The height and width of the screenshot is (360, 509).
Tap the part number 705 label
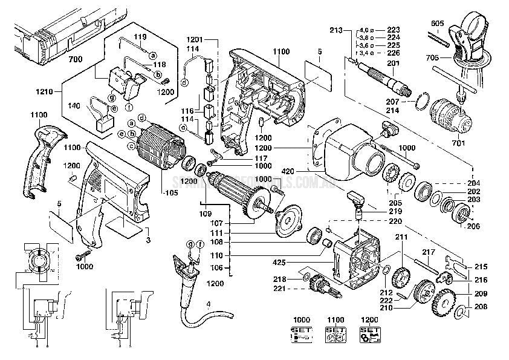tap(432, 58)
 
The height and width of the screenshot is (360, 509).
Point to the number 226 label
tap(394, 53)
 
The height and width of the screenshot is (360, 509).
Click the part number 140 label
tap(74, 105)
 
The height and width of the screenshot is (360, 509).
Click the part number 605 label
tap(438, 24)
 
